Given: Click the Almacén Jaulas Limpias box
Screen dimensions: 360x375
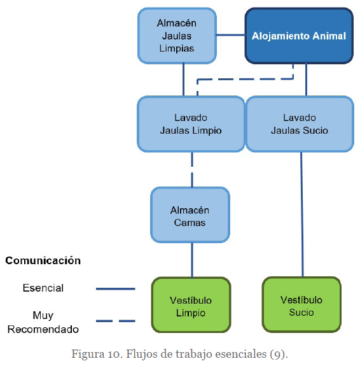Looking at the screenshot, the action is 177,36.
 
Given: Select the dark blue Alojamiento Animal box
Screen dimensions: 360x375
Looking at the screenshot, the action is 299,36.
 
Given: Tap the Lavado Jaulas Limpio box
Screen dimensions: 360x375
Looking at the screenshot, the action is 191,124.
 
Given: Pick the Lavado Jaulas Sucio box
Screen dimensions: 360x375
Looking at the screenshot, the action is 300,124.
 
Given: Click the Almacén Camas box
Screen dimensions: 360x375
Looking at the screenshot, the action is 190,215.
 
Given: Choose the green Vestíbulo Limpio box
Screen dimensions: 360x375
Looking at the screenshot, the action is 191,305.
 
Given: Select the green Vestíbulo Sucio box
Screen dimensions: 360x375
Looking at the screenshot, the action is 301,305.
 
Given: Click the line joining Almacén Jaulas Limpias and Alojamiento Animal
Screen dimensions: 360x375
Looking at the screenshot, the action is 231,35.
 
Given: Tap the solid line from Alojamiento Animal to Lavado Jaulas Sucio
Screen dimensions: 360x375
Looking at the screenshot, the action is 306,80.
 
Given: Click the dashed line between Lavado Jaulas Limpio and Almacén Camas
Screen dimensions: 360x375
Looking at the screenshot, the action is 192,169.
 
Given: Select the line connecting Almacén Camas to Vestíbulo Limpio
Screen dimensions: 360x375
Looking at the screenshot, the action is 192,260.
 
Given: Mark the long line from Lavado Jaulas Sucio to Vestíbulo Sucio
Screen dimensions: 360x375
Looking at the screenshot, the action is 302,215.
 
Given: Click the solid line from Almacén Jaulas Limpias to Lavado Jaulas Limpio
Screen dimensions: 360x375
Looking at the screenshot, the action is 183,80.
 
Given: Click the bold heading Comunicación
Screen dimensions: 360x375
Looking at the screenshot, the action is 43,260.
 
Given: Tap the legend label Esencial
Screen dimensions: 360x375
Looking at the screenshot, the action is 43,288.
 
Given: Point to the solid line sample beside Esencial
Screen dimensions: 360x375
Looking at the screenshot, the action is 116,289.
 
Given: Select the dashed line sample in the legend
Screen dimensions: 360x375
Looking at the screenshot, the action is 116,321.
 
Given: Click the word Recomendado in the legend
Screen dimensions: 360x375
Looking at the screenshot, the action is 43,329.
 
